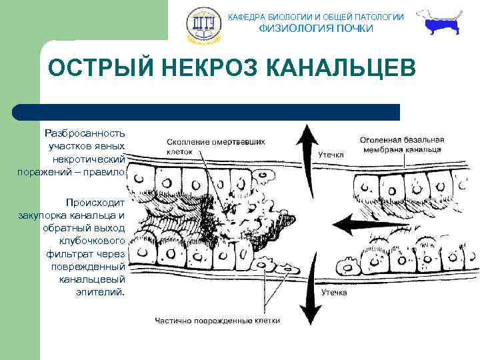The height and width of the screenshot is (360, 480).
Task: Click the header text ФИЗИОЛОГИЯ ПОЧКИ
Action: pos(316,28)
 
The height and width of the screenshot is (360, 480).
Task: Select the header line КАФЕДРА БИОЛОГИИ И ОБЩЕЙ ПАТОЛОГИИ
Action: pos(316,17)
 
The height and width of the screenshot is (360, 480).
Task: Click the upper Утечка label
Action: pos(331,154)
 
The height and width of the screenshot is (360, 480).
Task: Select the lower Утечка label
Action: pos(334,291)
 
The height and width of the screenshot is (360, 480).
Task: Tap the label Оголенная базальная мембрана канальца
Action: pos(401,145)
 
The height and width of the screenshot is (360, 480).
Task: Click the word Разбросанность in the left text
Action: pos(85,133)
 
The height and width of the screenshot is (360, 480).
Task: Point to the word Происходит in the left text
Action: pos(95,202)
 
